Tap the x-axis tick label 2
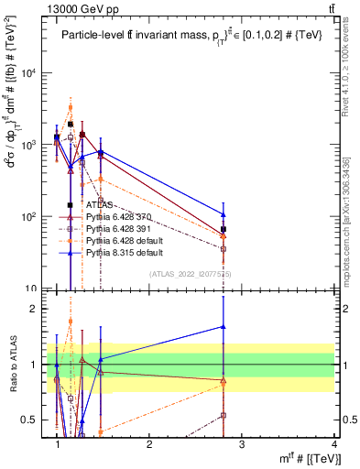point(149,445)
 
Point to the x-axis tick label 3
point(241,445)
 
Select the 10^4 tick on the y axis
point(27,73)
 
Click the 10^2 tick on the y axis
point(27,217)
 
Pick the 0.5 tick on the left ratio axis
point(30,420)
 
